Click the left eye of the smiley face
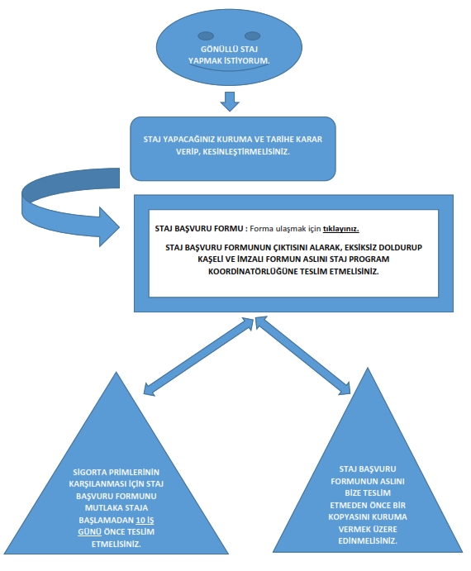[206, 36]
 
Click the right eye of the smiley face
[252, 36]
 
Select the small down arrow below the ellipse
[230, 102]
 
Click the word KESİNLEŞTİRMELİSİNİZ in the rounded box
[246, 151]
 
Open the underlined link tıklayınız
[341, 229]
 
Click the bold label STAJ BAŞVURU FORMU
[199, 229]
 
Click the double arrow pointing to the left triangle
[198, 356]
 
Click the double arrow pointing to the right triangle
[302, 355]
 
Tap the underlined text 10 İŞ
[145, 520]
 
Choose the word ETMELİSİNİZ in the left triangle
[117, 544]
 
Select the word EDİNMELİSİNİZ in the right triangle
[368, 540]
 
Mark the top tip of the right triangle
[368, 368]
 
